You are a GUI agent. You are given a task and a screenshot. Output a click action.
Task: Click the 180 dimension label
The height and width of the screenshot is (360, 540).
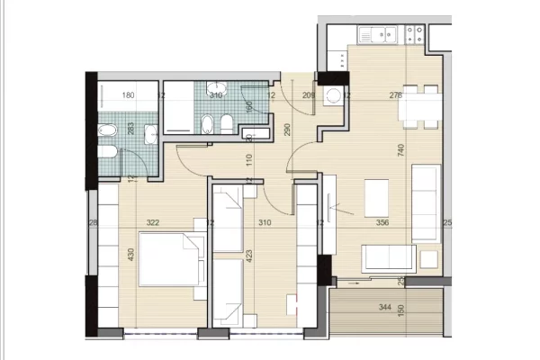click(128, 94)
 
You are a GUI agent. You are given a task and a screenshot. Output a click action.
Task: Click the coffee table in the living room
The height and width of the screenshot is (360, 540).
click(376, 193)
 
